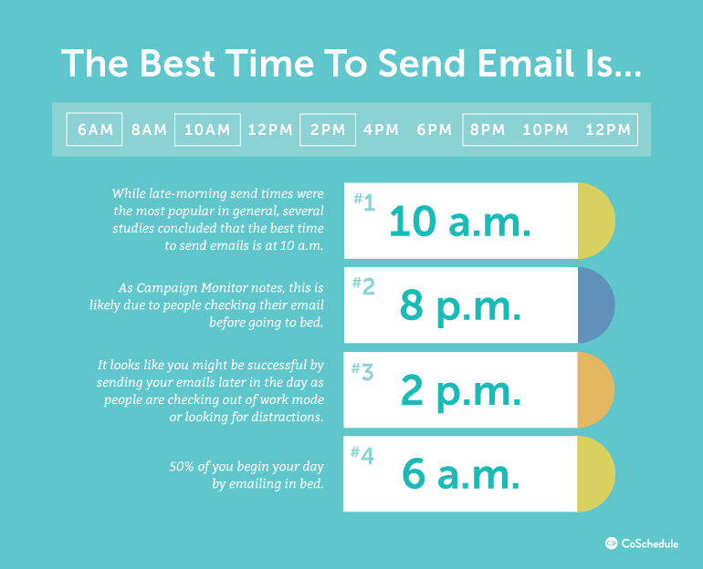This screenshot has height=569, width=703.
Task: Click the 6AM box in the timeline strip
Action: tap(95, 129)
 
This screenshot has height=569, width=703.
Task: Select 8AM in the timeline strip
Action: tap(149, 129)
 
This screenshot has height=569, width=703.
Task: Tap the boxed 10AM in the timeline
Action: tap(207, 129)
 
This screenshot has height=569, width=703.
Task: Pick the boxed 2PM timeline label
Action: tap(328, 129)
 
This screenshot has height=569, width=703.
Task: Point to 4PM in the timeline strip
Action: tap(381, 129)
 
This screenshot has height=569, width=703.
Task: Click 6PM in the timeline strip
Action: tap(435, 129)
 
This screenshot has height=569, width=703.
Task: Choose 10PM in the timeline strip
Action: tap(545, 129)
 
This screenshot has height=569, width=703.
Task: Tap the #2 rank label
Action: tap(363, 287)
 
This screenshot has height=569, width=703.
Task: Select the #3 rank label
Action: tap(363, 371)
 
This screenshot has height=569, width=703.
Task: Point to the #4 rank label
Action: tap(363, 455)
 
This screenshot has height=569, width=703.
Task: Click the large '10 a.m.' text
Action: tap(460, 222)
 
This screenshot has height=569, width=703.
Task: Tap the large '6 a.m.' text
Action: tap(461, 475)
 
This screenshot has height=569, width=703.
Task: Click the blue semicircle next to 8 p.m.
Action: tap(595, 305)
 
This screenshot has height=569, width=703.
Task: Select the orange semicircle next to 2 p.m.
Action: tap(595, 389)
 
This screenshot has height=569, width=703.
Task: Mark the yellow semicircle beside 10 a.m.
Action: tap(595, 221)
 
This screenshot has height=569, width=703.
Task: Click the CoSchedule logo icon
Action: tap(612, 543)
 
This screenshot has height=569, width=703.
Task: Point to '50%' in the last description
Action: tap(184, 466)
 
